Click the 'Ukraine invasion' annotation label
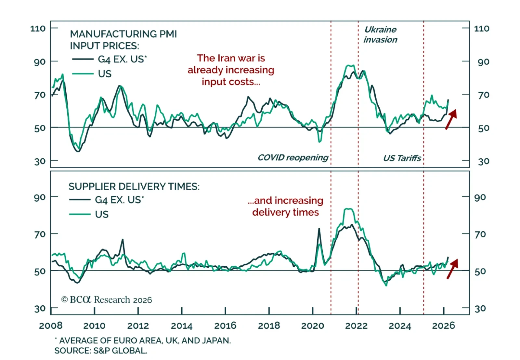380,34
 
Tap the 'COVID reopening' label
293,158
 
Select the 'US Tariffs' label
402,158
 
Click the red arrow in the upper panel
451,119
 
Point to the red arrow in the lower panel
452,269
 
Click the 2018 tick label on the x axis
269,326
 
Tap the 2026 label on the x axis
443,326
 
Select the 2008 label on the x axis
51,326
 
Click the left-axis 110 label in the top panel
38,29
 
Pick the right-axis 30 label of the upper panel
484,161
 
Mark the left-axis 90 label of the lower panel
40,197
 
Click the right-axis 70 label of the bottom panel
480,234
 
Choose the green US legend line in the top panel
83,74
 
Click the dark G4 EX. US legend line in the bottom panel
80,200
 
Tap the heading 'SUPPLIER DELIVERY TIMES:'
134,187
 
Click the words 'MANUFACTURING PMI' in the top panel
123,34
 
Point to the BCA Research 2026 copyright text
107,300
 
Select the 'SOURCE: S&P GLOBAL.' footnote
101,351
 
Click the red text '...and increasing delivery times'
285,206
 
